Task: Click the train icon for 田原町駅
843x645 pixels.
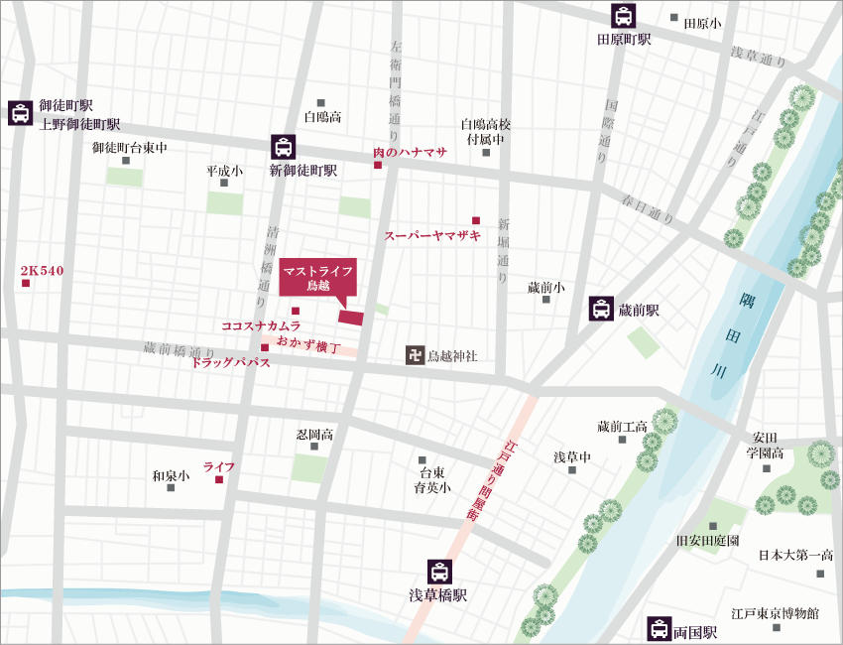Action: coord(623,17)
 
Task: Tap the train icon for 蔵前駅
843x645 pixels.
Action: coord(601,309)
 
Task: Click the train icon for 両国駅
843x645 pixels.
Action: coord(659,628)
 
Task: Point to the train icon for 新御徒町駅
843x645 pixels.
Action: coord(284,147)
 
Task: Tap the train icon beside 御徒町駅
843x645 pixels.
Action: coord(20,112)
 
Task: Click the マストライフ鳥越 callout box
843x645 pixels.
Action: coord(317,277)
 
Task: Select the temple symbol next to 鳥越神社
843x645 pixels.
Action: coord(414,354)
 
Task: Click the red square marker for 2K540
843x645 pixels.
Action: coord(26,285)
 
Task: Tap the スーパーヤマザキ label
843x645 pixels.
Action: coord(432,236)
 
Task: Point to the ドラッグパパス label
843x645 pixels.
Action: coord(230,363)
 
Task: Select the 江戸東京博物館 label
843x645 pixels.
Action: coord(775,614)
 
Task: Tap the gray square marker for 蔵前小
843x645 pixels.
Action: coord(545,299)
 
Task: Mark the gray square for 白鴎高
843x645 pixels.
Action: coord(321,103)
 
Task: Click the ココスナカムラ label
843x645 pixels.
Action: coord(260,325)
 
